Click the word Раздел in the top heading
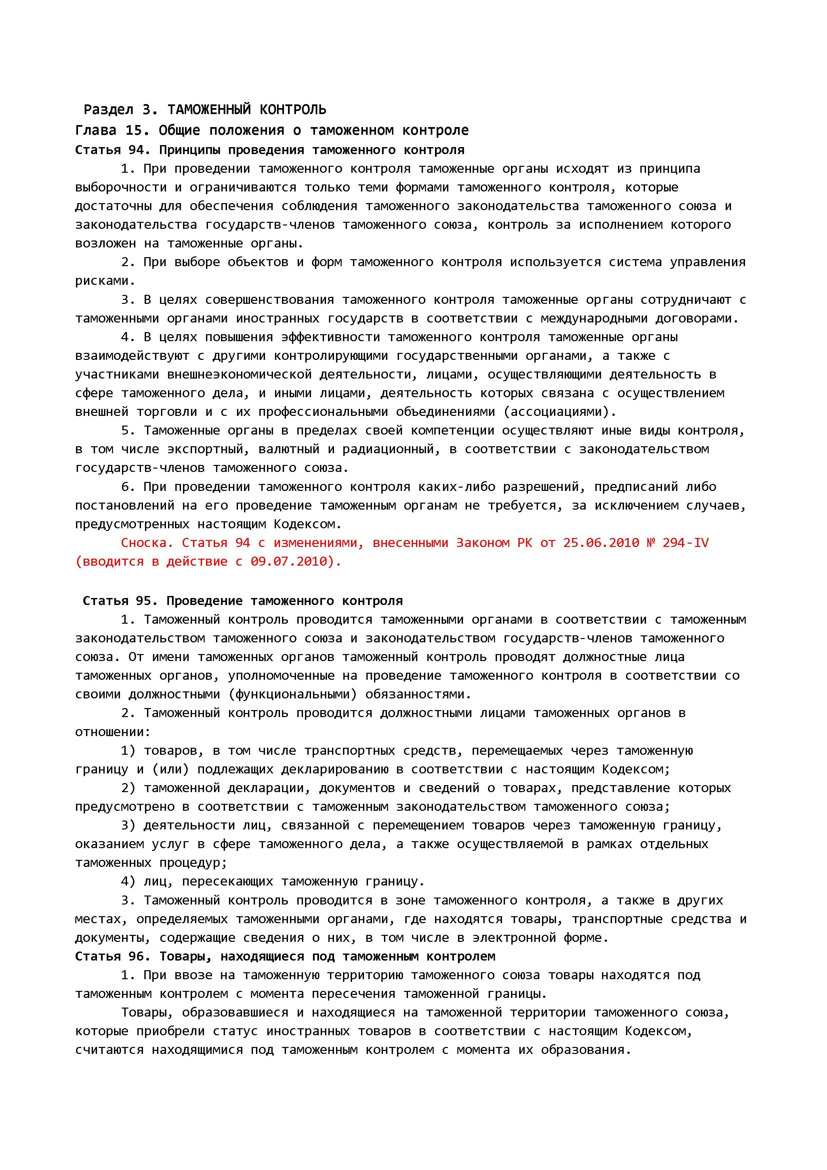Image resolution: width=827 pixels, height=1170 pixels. click(108, 109)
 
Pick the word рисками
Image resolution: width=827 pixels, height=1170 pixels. click(105, 281)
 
